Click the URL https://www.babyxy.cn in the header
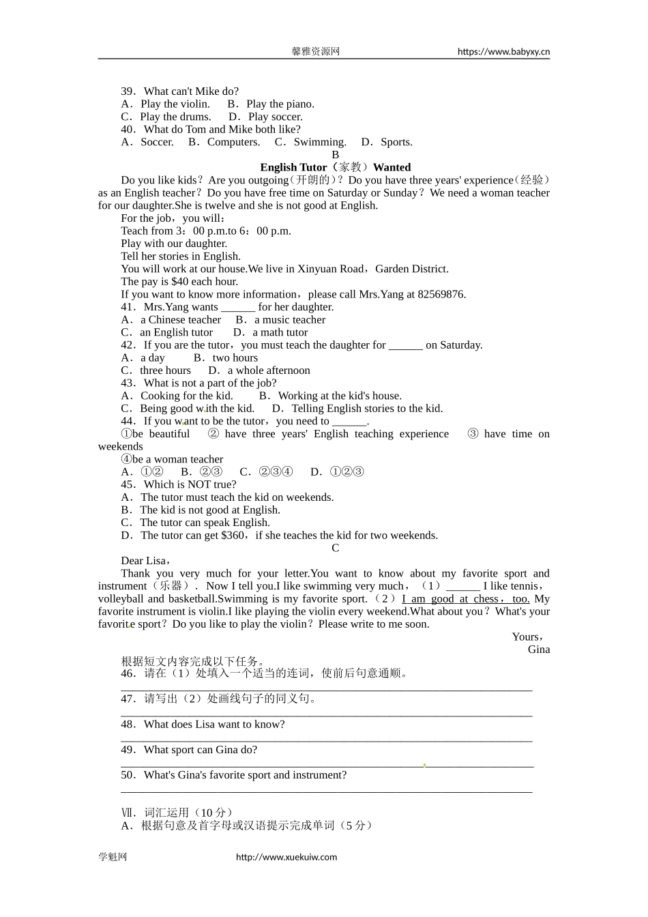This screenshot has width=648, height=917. pos(503,52)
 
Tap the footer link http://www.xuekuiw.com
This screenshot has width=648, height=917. pos(286,857)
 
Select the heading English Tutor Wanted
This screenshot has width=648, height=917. pos(335,167)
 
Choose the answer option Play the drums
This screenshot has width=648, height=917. pos(176,117)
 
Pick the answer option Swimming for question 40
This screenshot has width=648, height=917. pos(319,142)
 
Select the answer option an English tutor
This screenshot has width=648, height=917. pos(176,332)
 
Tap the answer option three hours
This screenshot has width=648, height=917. pos(165,370)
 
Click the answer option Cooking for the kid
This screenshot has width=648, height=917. pos(186,396)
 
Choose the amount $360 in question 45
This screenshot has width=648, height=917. pos(233,536)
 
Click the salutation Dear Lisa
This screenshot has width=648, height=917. pos(144,561)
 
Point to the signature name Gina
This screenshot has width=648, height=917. pos(538,650)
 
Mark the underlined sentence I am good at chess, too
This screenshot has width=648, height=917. pos(465,599)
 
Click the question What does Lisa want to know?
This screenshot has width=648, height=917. pos(214,725)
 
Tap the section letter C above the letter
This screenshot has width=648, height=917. pos(335,548)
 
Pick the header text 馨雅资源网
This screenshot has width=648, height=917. pos(316,52)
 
